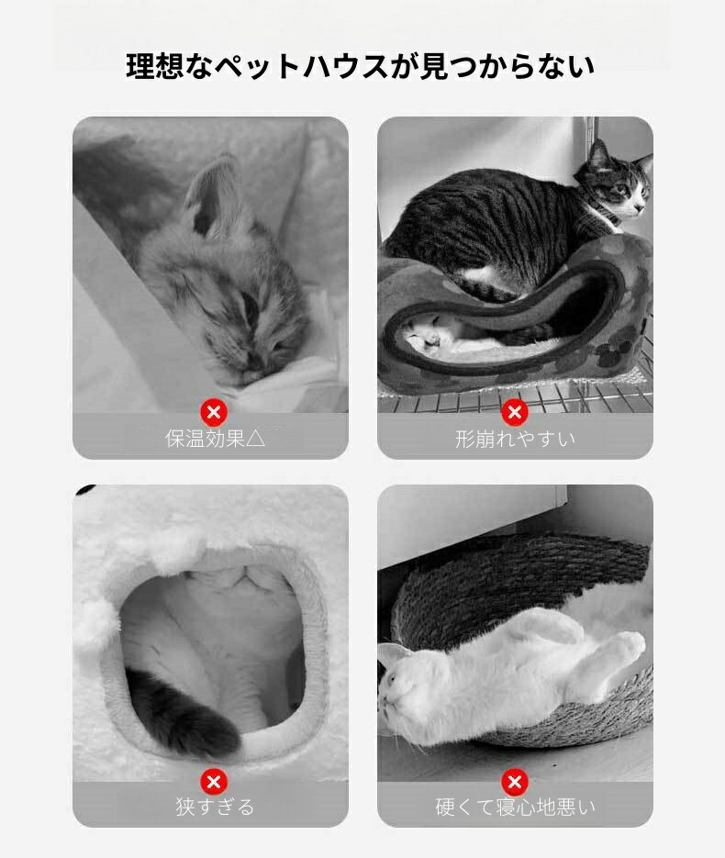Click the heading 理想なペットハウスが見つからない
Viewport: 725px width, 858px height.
pyautogui.click(x=360, y=66)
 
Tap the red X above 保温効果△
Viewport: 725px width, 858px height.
pyautogui.click(x=214, y=412)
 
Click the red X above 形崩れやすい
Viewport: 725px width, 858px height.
pyautogui.click(x=514, y=412)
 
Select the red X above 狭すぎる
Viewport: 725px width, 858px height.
pyautogui.click(x=214, y=782)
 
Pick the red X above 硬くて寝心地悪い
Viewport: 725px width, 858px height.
pyautogui.click(x=514, y=782)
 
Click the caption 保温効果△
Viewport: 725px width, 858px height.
pyautogui.click(x=215, y=439)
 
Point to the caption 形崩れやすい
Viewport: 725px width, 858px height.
pyautogui.click(x=515, y=439)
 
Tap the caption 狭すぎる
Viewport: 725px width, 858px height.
pyautogui.click(x=215, y=807)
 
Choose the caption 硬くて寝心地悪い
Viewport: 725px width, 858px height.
pyautogui.click(x=515, y=807)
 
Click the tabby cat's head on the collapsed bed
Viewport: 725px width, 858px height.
pyautogui.click(x=616, y=181)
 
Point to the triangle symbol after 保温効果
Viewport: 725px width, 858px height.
pyautogui.click(x=255, y=439)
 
